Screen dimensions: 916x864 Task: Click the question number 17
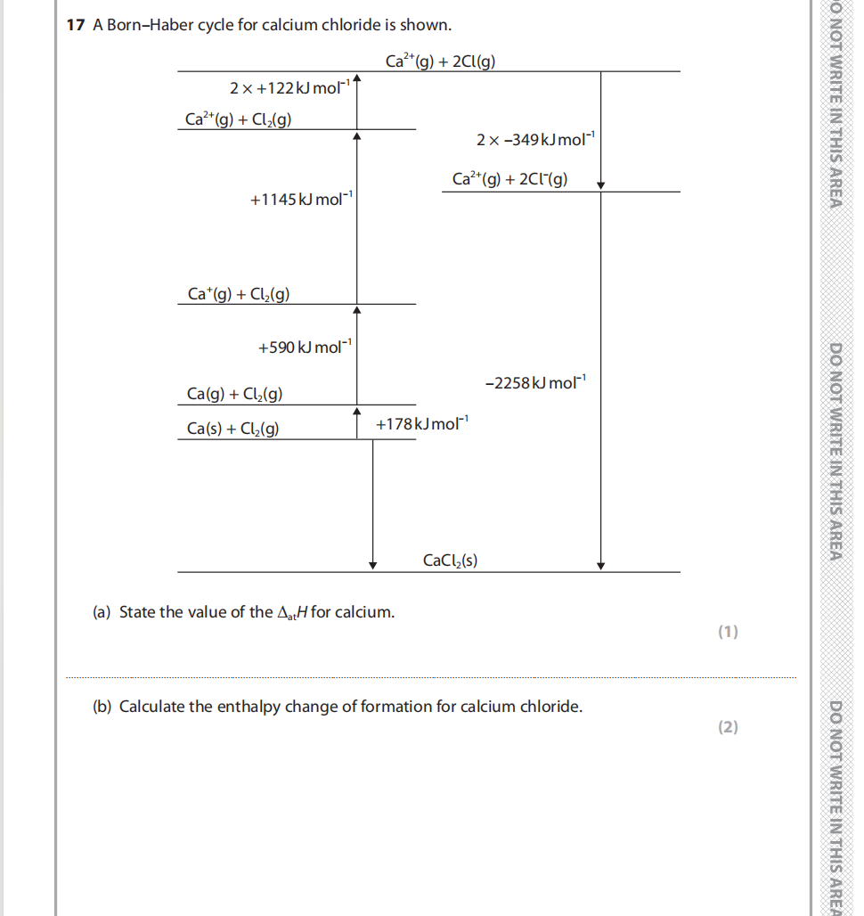[76, 25]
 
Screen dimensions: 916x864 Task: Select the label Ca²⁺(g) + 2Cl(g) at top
[441, 61]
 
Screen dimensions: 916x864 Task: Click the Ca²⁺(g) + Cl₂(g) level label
[240, 119]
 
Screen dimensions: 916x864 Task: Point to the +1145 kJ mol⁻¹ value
[302, 200]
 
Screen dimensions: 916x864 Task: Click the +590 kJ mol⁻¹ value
[306, 347]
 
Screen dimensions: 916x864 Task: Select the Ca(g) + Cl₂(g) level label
[235, 394]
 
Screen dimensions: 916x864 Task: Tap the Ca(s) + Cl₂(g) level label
[232, 429]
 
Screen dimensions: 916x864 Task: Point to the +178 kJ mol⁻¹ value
[421, 423]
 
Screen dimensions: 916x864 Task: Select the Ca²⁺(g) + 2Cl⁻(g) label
[509, 180]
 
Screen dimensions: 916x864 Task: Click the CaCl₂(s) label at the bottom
[450, 560]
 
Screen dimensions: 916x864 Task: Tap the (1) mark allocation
[728, 633]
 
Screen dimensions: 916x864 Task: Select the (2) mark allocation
[728, 727]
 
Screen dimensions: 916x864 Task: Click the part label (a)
[102, 612]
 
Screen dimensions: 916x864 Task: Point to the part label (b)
[102, 707]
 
